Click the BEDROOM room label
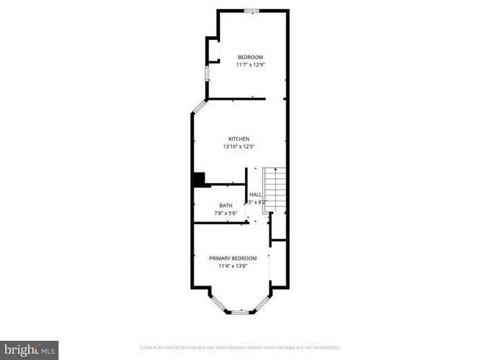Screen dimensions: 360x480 [x=250, y=57]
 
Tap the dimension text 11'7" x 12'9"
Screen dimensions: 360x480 [x=250, y=65]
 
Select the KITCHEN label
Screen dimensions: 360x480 [x=239, y=139]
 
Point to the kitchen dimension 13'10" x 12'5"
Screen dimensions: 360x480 [x=239, y=146]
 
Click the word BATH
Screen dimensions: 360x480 [x=225, y=206]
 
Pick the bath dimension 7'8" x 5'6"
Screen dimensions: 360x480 [x=225, y=213]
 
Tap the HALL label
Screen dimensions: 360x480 [x=256, y=195]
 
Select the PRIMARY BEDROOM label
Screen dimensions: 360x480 [x=233, y=258]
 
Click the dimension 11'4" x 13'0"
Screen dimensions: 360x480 [x=233, y=266]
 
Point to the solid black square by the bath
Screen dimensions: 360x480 [x=198, y=179]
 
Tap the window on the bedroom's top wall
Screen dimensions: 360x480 [x=252, y=10]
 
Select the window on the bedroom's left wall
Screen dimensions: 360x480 [x=207, y=75]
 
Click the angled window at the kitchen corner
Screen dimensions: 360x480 [x=199, y=106]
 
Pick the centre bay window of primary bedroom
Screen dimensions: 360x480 [x=240, y=312]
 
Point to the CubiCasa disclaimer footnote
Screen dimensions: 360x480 [x=240, y=347]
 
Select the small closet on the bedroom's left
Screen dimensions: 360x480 [x=213, y=49]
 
